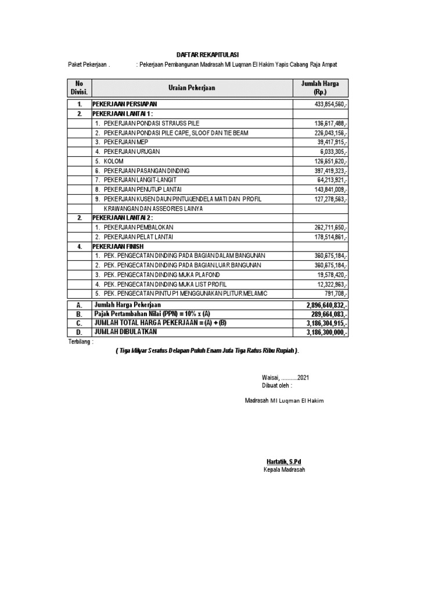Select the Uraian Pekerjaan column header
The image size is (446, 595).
(192, 88)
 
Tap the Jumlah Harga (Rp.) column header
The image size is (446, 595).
(320, 88)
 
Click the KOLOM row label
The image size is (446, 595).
(114, 161)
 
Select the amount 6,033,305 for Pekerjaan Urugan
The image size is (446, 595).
(334, 152)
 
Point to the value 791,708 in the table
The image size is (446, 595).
(336, 293)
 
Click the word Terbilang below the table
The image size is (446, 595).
(80, 343)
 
